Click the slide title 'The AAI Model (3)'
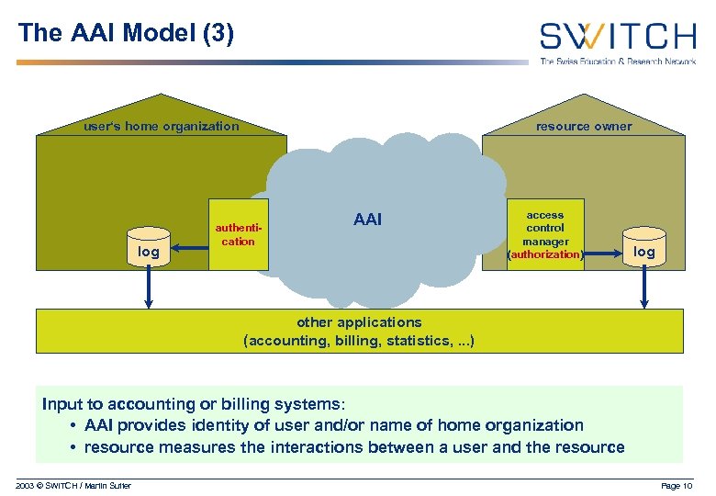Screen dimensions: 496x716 (127, 34)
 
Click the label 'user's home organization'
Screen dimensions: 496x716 (161, 127)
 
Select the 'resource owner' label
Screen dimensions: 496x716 (584, 127)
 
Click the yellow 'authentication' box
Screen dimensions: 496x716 (238, 235)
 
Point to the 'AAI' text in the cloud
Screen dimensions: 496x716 (367, 220)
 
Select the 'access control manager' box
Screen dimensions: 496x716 (545, 234)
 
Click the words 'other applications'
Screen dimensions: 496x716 (359, 322)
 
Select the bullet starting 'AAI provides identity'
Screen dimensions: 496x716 (333, 425)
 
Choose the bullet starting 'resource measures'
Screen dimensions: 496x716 (353, 447)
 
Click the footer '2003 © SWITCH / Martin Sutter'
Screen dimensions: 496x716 (74, 485)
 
